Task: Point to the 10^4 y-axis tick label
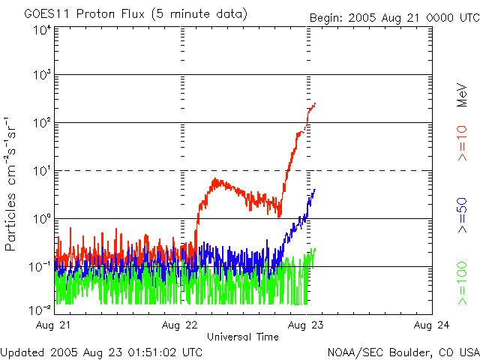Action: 41,31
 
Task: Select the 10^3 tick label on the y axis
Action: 41,75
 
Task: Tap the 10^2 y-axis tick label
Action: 41,122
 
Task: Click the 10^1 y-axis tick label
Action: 41,170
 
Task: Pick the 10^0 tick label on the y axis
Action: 41,218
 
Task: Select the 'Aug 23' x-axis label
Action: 307,325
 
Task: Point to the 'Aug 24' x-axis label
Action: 432,325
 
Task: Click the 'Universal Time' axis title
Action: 244,337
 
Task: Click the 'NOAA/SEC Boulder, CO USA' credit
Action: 403,351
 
